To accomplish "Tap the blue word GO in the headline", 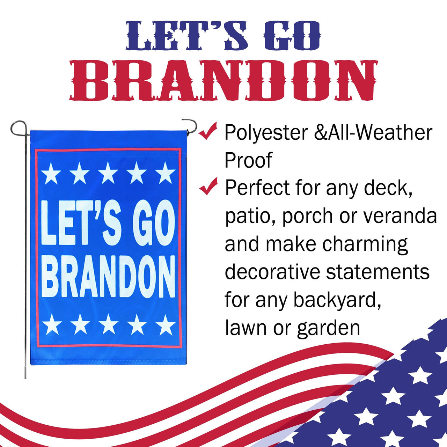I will [x=292, y=36].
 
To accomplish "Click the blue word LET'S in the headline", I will [x=187, y=36].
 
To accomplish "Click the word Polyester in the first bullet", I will [x=266, y=133].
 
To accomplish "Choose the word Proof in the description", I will [x=248, y=160].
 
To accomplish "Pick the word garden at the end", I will [x=328, y=329].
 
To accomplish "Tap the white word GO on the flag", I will [x=154, y=223].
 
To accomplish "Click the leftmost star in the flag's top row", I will [x=51, y=174].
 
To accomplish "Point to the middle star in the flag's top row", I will [x=108, y=173].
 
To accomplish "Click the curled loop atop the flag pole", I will [x=18, y=128].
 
